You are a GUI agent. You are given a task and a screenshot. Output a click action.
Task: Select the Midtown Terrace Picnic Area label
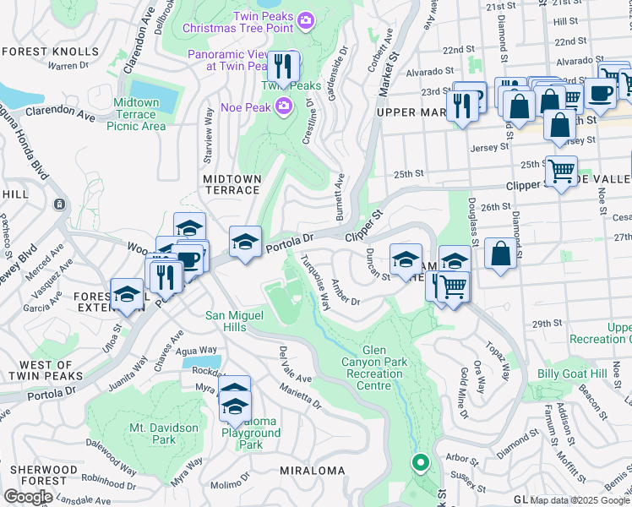click(x=136, y=114)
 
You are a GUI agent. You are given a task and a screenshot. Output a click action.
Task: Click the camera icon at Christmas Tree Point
click(x=305, y=19)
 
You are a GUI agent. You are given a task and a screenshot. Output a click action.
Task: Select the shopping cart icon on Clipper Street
click(x=561, y=172)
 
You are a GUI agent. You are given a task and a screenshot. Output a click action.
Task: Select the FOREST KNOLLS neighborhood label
click(x=50, y=52)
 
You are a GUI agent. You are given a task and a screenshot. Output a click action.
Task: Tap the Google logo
click(x=29, y=497)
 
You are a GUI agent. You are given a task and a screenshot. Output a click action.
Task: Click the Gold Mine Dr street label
click(x=464, y=392)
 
